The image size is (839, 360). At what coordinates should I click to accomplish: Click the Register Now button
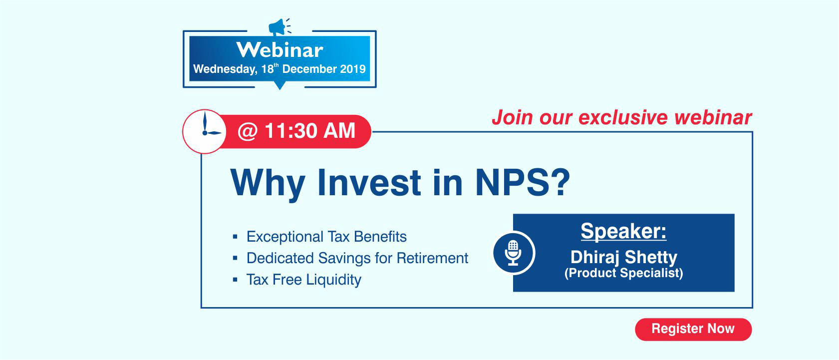coord(693,329)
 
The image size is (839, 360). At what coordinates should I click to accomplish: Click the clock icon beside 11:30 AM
coord(205,131)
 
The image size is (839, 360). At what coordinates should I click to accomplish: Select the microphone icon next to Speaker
coord(513,253)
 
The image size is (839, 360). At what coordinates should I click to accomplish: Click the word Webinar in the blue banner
coord(280,50)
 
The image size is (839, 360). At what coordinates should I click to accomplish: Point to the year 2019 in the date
coord(353,69)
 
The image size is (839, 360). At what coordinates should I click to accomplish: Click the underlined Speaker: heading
coord(623,231)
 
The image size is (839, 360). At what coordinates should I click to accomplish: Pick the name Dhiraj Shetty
coord(624,257)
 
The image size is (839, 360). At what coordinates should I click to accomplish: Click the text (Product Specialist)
coord(623,273)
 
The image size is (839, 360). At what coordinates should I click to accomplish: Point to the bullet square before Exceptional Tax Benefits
coord(235,236)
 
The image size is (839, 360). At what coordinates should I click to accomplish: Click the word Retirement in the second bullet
coord(432,258)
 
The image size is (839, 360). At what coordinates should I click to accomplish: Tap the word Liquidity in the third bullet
coord(333,280)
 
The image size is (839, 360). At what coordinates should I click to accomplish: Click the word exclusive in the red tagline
coord(623,118)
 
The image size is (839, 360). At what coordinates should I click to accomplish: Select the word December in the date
coord(309,69)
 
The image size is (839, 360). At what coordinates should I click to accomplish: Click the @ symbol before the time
coord(248,131)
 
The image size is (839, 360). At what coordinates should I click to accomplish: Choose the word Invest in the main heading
coord(369,182)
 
